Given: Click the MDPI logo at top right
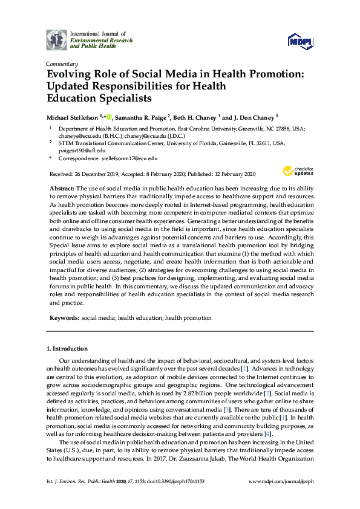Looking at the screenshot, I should tap(300, 41).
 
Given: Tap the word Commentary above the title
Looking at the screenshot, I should tap(62, 64).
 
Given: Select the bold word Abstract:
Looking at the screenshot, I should tap(61, 189).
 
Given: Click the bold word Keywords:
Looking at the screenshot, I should tap(64, 317).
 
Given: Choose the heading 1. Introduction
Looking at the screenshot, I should tap(67, 349).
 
